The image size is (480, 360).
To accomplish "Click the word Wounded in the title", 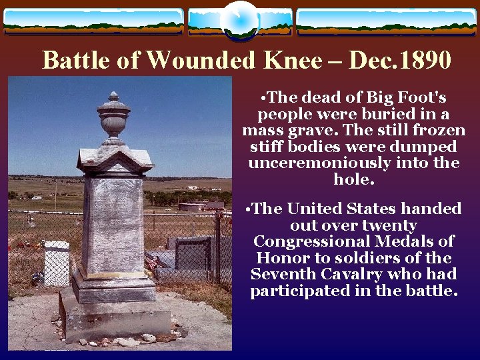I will click(x=199, y=61).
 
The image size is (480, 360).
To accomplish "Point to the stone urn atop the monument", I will click(x=113, y=117).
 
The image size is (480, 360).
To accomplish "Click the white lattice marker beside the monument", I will click(x=57, y=263).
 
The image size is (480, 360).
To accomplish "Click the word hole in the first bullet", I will click(x=351, y=180).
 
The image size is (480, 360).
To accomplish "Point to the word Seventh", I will click(x=281, y=274).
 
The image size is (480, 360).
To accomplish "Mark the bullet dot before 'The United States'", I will click(x=248, y=209).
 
